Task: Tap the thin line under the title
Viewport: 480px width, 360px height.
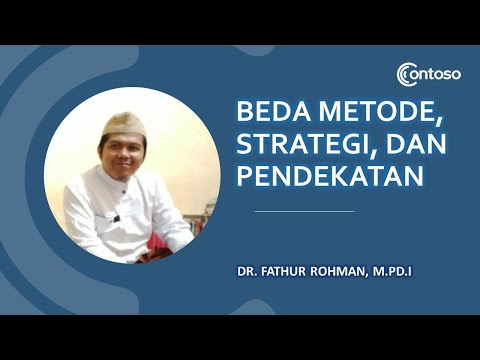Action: (304, 212)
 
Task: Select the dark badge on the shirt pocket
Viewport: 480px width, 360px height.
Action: (116, 217)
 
